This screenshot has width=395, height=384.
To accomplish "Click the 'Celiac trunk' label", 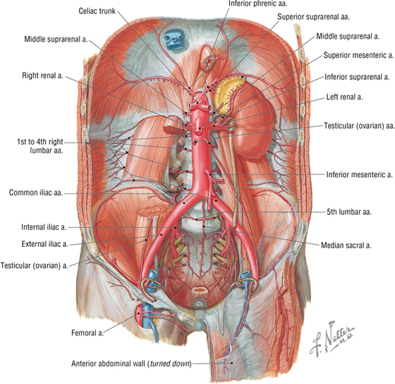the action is [x=97, y=11].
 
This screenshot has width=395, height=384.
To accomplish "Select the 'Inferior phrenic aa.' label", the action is [x=258, y=4].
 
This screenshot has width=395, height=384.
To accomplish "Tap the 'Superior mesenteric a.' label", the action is [x=358, y=55].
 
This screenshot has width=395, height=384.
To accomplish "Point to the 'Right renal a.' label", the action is [x=42, y=76].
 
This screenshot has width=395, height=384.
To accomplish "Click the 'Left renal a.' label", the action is [x=345, y=97].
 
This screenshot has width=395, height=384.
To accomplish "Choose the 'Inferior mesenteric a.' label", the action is [x=359, y=174].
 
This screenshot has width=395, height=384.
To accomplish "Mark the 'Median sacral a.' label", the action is [x=346, y=245].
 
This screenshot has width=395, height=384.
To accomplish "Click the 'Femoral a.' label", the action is [x=87, y=332].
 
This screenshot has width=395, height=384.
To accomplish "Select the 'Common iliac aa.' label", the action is [x=36, y=193].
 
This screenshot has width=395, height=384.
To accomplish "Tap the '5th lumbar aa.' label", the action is [x=349, y=212].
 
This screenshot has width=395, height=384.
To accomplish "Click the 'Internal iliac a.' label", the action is [x=44, y=227].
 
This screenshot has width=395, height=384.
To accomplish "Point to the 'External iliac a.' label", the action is [x=45, y=244].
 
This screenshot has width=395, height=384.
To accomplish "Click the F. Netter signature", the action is [x=332, y=338].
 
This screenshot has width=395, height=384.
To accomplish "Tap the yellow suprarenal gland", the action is [x=229, y=91].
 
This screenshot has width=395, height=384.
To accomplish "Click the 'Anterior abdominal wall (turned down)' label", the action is [x=131, y=364].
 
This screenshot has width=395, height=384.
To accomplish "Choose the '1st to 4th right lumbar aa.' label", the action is [x=40, y=146].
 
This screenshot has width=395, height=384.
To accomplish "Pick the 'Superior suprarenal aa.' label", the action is [x=314, y=17].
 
